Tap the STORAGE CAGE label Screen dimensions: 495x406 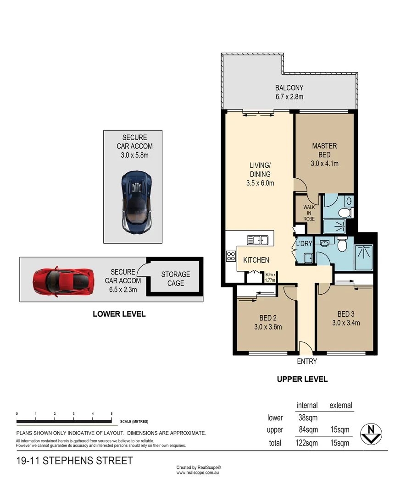(175, 279)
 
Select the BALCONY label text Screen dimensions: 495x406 (289, 92)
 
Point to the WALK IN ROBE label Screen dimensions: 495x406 (309, 213)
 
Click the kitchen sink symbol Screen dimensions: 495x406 (257, 240)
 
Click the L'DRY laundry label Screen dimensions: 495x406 (304, 243)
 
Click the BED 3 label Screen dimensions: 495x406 (345, 318)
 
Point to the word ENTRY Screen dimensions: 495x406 (307, 361)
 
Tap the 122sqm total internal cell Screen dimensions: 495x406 (307, 443)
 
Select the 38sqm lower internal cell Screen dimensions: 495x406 (307, 418)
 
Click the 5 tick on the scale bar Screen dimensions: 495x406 (111, 414)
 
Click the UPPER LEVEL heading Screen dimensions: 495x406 (302, 379)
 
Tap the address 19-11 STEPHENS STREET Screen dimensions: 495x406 (74, 461)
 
